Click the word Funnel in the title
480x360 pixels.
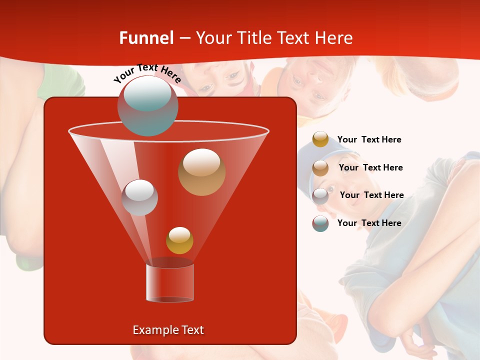pos(146,38)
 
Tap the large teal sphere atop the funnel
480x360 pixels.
pos(148,106)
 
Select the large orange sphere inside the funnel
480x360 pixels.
pos(201,172)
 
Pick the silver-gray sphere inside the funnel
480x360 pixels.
pos(139,197)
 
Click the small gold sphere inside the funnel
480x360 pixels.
pos(179,240)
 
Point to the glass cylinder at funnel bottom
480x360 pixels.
pos(170,282)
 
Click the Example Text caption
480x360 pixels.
pos(168,330)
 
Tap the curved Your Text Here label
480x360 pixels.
pos(147,73)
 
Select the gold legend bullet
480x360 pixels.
pos(320,139)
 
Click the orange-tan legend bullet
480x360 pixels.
pos(320,168)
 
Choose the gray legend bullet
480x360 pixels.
pos(320,196)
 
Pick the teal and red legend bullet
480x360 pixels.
pos(320,223)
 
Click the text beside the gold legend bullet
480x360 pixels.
pos(369,139)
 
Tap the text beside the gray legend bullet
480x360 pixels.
pos(371,195)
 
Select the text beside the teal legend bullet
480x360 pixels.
pos(369,223)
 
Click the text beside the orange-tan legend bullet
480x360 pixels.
pos(370,167)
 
